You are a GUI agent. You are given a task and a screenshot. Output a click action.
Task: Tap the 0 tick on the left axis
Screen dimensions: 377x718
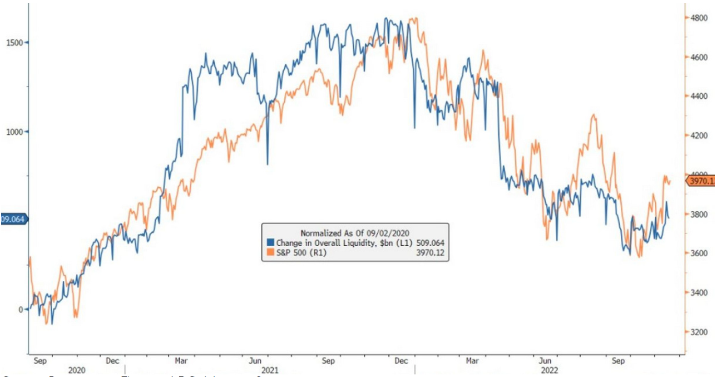(21, 310)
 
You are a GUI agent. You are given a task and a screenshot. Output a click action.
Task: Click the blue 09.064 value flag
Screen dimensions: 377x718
(13, 219)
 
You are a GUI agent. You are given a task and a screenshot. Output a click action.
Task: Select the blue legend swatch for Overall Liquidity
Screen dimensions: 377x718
(270, 243)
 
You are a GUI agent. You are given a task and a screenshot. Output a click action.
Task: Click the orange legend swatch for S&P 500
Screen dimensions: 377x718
(270, 253)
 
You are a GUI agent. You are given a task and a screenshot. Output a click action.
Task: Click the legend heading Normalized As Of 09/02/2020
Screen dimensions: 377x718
(355, 233)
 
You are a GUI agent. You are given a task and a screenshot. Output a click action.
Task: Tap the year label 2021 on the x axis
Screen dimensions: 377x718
(270, 370)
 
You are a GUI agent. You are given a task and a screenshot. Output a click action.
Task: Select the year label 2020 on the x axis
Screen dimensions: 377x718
(77, 370)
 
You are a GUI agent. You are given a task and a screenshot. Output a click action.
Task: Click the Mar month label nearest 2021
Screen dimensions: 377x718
(181, 360)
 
